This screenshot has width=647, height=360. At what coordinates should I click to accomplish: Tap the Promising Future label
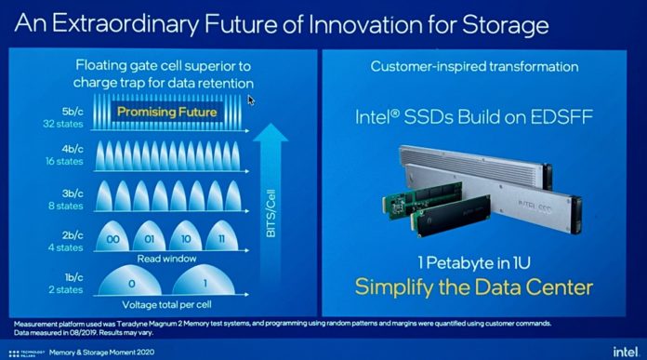pyautogui.click(x=168, y=113)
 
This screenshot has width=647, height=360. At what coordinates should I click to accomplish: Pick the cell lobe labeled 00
pyautogui.click(x=115, y=239)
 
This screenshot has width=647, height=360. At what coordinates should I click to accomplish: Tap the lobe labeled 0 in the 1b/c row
pyautogui.click(x=132, y=282)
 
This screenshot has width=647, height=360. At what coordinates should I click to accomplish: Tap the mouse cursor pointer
pyautogui.click(x=252, y=99)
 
